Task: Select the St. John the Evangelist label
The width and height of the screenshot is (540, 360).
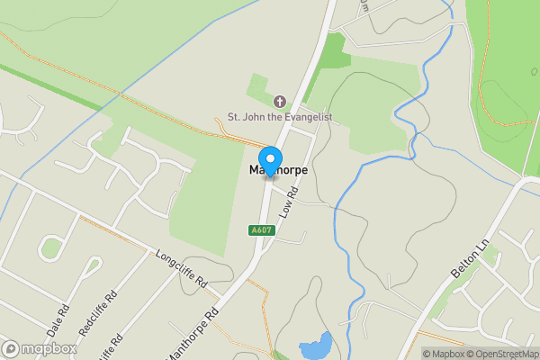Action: tap(279, 116)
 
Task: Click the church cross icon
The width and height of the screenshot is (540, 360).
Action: tap(279, 102)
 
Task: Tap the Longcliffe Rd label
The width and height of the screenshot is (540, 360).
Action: tap(182, 268)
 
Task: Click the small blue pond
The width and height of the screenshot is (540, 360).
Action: tap(315, 346)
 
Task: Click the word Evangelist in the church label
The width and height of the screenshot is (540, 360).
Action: tap(305, 116)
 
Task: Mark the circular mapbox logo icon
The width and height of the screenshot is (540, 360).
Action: tap(12, 348)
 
